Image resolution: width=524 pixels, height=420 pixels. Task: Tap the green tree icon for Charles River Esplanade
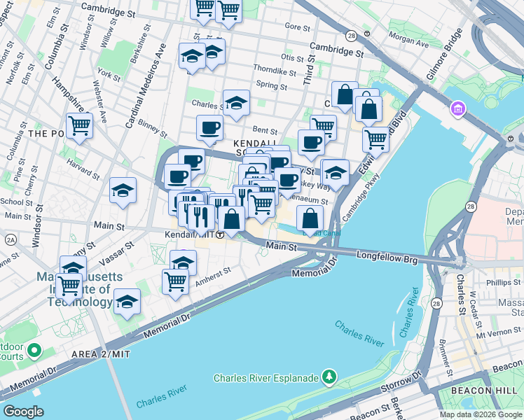coord(329,379)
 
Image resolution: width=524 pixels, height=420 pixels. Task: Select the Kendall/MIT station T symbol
coord(220,234)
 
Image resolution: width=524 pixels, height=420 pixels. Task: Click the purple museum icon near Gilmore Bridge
coord(459,109)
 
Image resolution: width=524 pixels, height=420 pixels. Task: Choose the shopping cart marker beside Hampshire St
coord(79,126)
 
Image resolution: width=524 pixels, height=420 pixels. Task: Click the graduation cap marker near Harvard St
coord(123,190)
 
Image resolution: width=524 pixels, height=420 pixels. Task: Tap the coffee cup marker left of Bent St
coord(209,128)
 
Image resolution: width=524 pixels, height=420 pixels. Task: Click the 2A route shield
coord(11,239)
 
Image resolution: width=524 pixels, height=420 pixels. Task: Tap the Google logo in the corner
coord(23,412)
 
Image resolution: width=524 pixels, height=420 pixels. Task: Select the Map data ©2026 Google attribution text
coord(481,414)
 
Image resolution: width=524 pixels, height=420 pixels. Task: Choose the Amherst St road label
coord(212,274)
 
